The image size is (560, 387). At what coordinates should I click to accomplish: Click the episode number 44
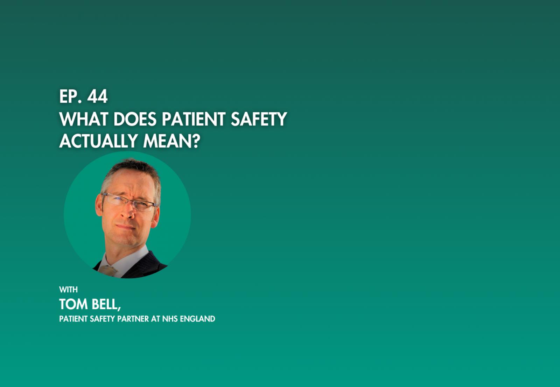[98, 96]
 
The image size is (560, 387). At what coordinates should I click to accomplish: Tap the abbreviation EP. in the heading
[71, 96]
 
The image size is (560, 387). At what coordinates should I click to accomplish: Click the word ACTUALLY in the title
[98, 141]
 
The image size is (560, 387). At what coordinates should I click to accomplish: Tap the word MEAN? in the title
[172, 141]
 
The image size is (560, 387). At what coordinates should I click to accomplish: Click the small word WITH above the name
[68, 290]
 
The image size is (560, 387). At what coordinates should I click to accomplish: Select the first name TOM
[73, 304]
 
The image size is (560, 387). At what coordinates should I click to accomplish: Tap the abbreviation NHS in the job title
[170, 319]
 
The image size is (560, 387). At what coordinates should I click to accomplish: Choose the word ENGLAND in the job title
[197, 319]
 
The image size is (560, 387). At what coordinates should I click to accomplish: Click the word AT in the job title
[155, 319]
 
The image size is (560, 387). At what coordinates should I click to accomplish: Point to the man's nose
[129, 213]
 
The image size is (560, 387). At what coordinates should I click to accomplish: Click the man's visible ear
[98, 205]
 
